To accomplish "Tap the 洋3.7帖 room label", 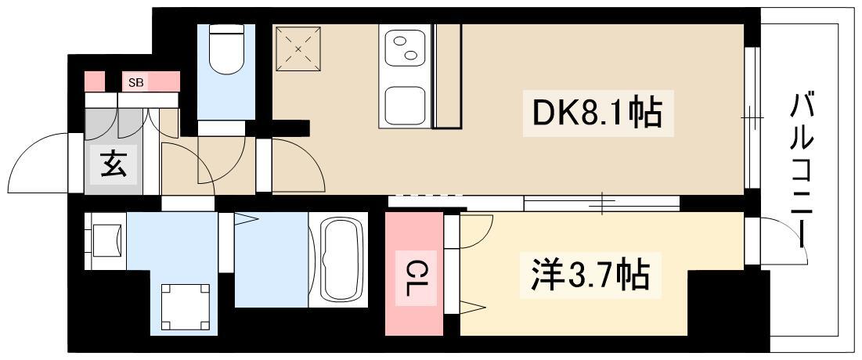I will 585,275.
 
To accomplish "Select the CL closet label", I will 412,276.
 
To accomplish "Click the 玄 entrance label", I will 112,165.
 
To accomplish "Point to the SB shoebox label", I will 135,81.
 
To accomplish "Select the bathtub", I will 337,260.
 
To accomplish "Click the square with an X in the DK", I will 298,49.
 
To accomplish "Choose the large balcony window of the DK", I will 752,117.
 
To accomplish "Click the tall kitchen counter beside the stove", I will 447,75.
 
